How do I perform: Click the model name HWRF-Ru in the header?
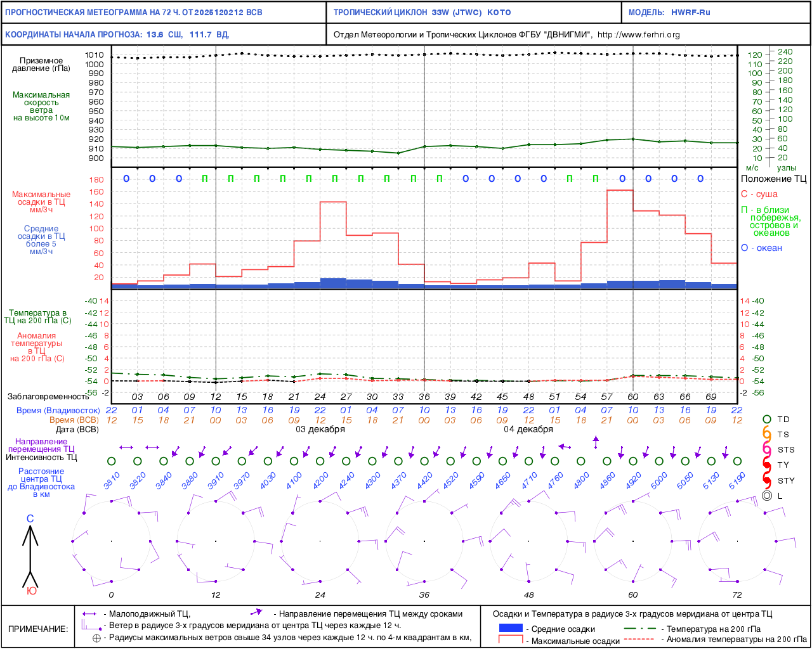pyautogui.click(x=691, y=13)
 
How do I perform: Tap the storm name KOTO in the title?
pyautogui.click(x=499, y=13)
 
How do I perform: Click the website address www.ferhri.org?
pyautogui.click(x=638, y=35)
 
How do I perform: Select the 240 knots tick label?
pyautogui.click(x=785, y=52)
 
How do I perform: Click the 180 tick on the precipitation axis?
pyautogui.click(x=96, y=180)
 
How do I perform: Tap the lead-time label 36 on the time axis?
pyautogui.click(x=424, y=397)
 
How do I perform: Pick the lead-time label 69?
pyautogui.click(x=711, y=397)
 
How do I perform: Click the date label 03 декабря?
pyautogui.click(x=320, y=430)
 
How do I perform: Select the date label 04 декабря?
pyautogui.click(x=528, y=430)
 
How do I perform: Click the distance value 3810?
pyautogui.click(x=112, y=481)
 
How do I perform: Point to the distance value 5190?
pyautogui.click(x=737, y=481)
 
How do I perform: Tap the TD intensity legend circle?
pyautogui.click(x=767, y=420)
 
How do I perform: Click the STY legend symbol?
pyautogui.click(x=767, y=480)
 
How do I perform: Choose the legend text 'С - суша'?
pyautogui.click(x=759, y=194)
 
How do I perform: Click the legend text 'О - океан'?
pyautogui.click(x=761, y=248)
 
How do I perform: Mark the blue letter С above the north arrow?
pyautogui.click(x=30, y=519)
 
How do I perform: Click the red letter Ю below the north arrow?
pyautogui.click(x=31, y=591)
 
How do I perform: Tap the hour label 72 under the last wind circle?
pyautogui.click(x=737, y=595)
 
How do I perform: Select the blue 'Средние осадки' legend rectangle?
pyautogui.click(x=511, y=628)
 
